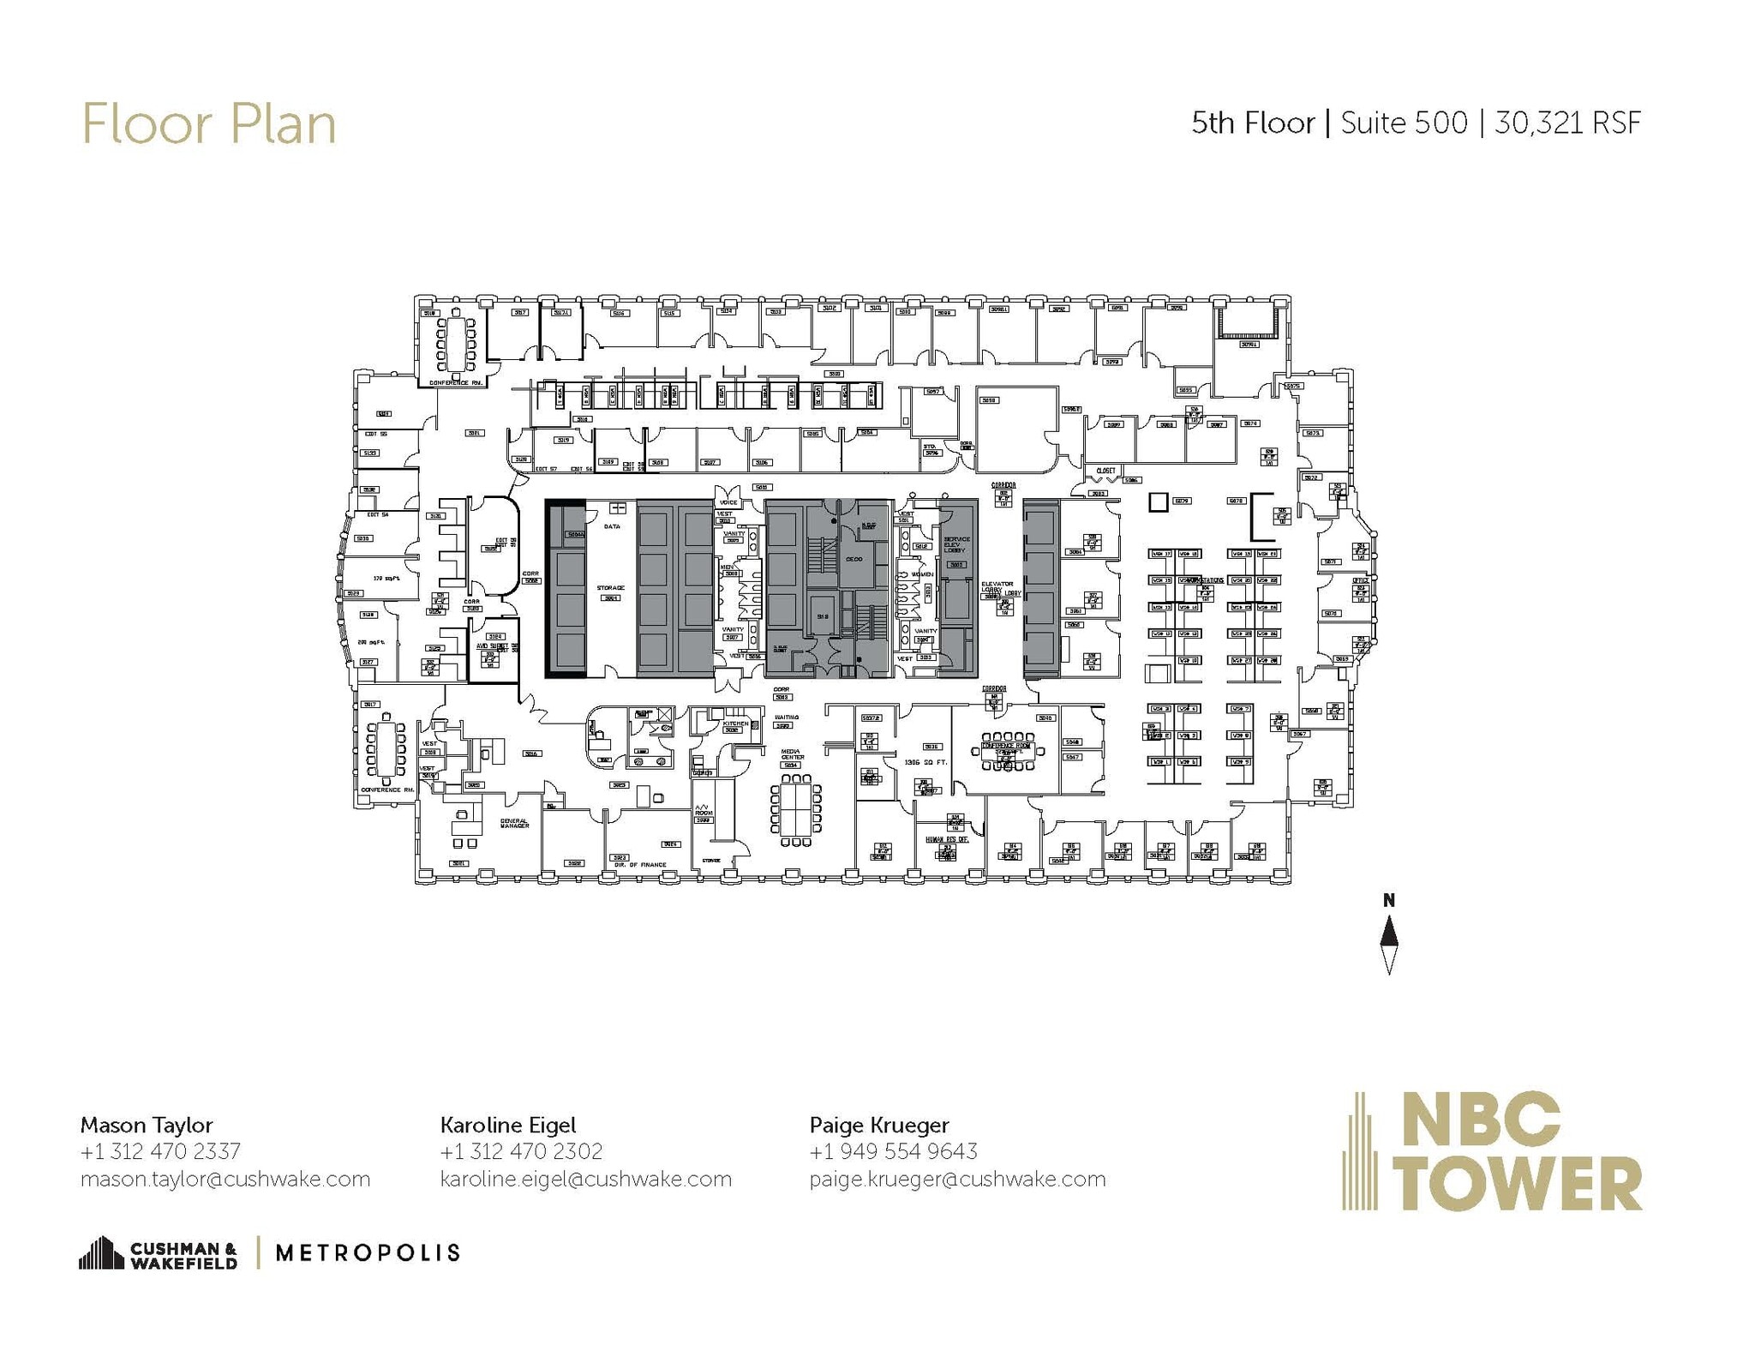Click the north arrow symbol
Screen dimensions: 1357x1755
(1389, 944)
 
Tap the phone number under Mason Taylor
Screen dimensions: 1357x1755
(160, 1151)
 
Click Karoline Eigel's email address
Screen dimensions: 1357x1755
(585, 1180)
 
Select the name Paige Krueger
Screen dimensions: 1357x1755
(879, 1125)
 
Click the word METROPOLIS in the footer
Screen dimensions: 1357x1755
(368, 1253)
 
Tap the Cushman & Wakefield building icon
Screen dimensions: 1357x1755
(101, 1252)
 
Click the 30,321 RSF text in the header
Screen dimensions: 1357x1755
(1567, 123)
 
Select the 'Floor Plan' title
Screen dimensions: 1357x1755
(208, 124)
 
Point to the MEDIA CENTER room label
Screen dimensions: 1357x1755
(792, 755)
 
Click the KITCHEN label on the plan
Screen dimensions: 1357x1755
(735, 724)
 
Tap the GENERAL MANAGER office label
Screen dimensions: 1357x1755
(515, 823)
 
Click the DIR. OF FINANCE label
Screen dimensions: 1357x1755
(640, 865)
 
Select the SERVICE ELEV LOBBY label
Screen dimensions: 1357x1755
(955, 544)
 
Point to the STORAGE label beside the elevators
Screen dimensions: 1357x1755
(610, 588)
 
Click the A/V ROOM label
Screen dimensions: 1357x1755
(703, 810)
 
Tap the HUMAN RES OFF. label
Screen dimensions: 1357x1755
(946, 839)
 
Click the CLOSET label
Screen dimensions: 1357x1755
(1105, 471)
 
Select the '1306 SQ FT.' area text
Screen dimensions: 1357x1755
(925, 762)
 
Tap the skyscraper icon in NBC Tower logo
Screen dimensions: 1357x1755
(1360, 1150)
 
